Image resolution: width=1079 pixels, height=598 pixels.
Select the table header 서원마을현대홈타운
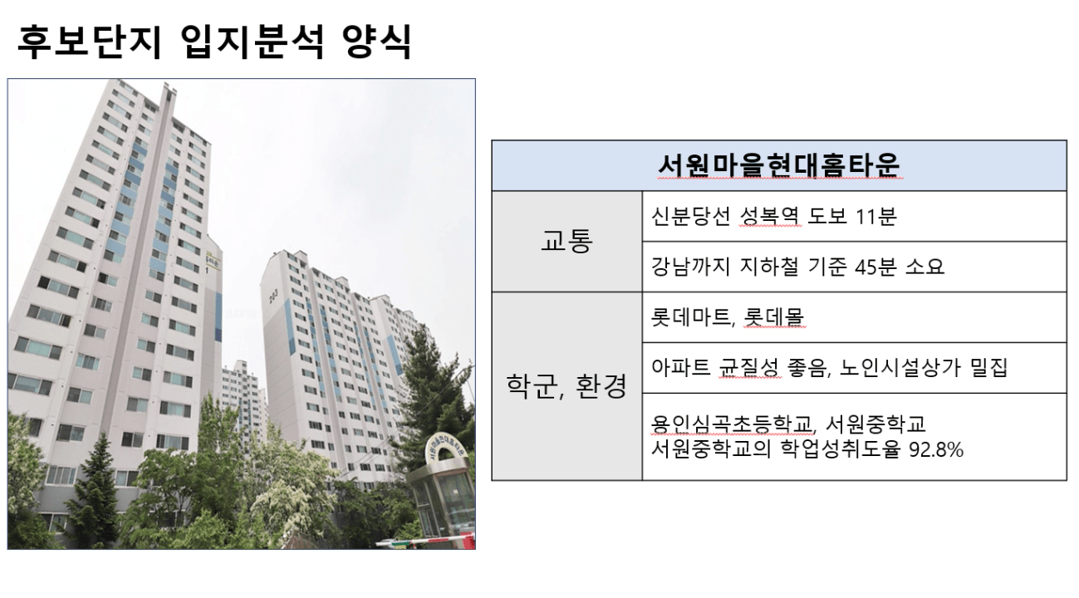tap(779, 165)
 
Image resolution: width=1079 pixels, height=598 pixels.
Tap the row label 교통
tap(566, 241)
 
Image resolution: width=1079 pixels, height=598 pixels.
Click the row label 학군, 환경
tap(566, 386)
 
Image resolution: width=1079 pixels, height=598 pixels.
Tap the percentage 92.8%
tap(936, 449)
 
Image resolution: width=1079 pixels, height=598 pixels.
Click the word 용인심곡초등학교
tap(732, 424)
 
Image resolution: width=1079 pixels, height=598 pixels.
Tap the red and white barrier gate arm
tap(426, 542)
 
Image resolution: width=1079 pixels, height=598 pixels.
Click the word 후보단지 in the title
tap(89, 42)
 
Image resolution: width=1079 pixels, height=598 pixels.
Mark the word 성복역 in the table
tap(770, 216)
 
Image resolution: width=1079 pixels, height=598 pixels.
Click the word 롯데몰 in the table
tap(774, 317)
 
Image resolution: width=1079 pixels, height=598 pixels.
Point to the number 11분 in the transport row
tap(875, 216)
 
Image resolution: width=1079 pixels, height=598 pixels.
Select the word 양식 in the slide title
tap(376, 42)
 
